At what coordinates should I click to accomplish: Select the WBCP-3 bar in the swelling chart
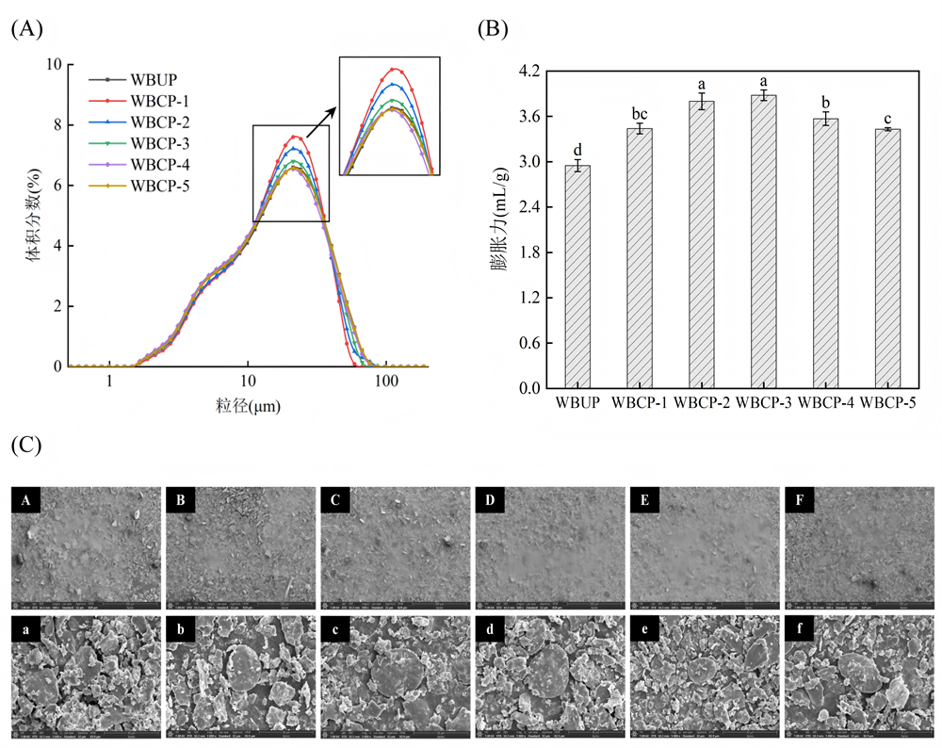point(763,241)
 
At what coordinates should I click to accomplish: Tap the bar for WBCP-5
point(887,258)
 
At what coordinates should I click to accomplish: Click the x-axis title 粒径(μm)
point(248,407)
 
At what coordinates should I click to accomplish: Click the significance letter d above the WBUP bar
point(577,150)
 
